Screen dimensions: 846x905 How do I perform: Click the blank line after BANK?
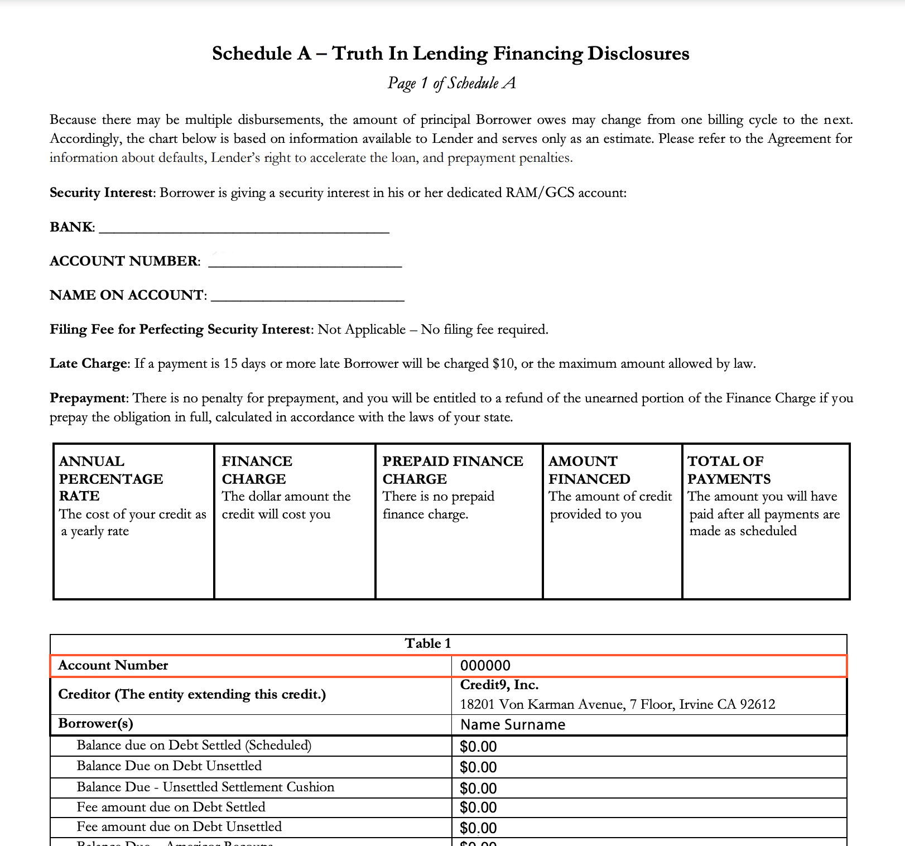click(244, 228)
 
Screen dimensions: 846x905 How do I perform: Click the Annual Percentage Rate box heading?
click(111, 478)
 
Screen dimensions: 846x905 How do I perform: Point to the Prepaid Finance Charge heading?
click(453, 469)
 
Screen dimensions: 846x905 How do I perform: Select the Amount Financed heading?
click(589, 469)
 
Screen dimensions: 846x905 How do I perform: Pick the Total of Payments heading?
click(729, 469)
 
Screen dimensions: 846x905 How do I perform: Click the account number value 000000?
click(485, 666)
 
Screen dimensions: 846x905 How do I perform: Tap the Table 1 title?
click(428, 643)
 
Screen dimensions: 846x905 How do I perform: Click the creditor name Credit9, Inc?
click(499, 685)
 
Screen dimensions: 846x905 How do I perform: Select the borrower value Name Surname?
click(513, 725)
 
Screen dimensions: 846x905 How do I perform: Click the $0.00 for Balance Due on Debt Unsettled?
click(478, 767)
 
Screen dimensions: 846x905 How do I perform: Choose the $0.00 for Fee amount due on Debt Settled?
click(478, 807)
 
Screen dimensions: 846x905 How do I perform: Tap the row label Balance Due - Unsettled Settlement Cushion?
click(205, 787)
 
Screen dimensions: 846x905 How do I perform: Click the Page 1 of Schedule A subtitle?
click(452, 83)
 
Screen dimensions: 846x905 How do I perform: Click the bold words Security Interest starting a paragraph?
click(101, 193)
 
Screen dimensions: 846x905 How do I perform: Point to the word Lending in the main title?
click(450, 54)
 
